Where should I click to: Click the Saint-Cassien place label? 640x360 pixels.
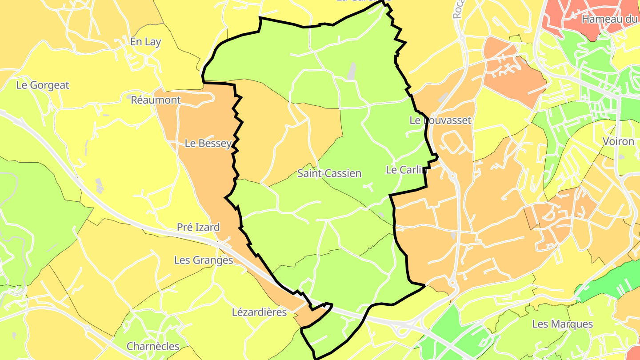(x=329, y=173)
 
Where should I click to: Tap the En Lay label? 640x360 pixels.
(x=145, y=42)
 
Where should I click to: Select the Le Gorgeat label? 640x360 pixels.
(x=43, y=85)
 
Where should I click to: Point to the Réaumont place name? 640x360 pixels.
(x=156, y=100)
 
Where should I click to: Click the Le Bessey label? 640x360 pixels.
(x=208, y=143)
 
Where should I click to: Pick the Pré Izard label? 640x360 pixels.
(x=198, y=227)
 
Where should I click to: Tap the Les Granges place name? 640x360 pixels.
(x=204, y=260)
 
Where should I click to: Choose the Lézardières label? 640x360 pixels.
(x=260, y=312)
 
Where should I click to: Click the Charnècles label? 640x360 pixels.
(x=153, y=346)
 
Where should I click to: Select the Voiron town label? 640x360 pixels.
(x=618, y=141)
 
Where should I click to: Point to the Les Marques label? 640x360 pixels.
(x=562, y=324)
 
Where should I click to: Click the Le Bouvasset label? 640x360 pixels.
(x=440, y=120)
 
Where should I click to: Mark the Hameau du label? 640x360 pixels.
(x=609, y=19)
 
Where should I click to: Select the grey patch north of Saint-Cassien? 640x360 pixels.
(x=352, y=71)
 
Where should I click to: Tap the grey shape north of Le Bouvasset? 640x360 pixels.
(x=443, y=98)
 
